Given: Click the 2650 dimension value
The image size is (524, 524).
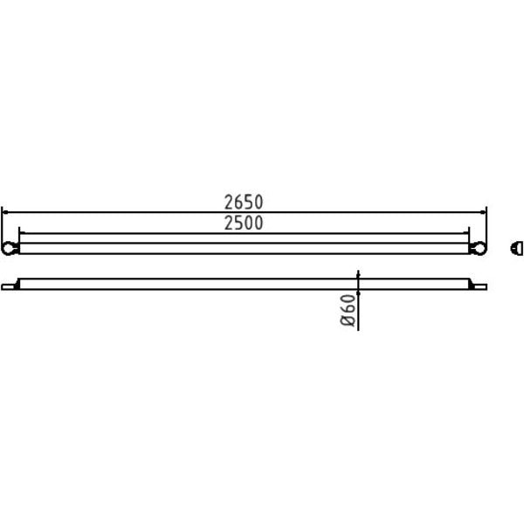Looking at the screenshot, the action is point(244,203).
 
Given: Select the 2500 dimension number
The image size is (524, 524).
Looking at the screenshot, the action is point(244,223).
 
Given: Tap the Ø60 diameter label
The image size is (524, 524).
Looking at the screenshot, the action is point(348,310).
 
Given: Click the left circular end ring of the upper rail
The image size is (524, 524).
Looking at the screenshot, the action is point(8,248).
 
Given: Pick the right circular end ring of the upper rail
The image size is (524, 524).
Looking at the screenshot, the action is point(479,248).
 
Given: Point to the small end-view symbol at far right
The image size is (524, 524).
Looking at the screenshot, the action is point(517,249).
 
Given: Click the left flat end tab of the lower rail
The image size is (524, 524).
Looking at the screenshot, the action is point(9,287).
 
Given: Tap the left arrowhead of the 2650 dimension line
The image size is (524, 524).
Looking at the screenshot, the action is point(4,212).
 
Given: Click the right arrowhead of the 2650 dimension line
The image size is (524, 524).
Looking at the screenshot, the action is point(483,212).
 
